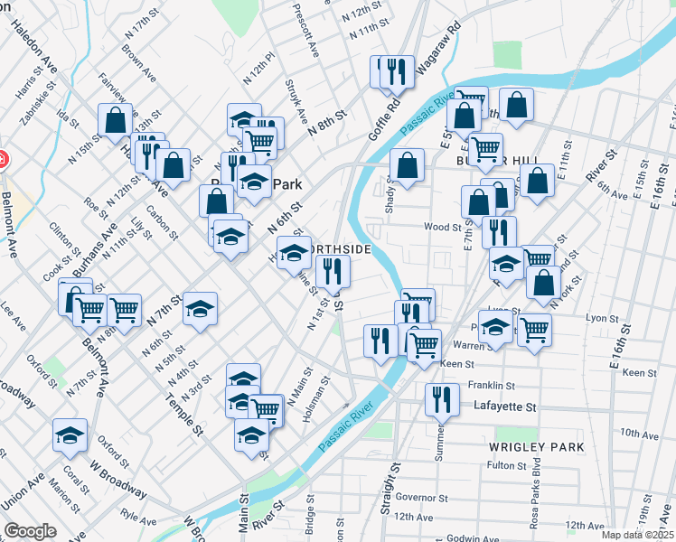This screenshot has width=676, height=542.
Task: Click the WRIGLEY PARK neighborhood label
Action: pos(536,447)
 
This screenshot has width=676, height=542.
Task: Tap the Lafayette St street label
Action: pos(505,408)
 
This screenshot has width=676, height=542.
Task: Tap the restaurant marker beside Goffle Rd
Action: pos(394,71)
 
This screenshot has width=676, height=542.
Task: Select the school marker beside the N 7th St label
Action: pos(200,309)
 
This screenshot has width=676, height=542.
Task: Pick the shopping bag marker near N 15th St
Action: pos(116,118)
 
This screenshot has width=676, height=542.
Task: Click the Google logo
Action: pos(31,530)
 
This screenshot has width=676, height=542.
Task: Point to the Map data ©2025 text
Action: pos(637,535)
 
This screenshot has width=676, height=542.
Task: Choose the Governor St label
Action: pos(421,497)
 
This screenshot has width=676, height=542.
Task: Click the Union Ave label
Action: pos(23,489)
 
